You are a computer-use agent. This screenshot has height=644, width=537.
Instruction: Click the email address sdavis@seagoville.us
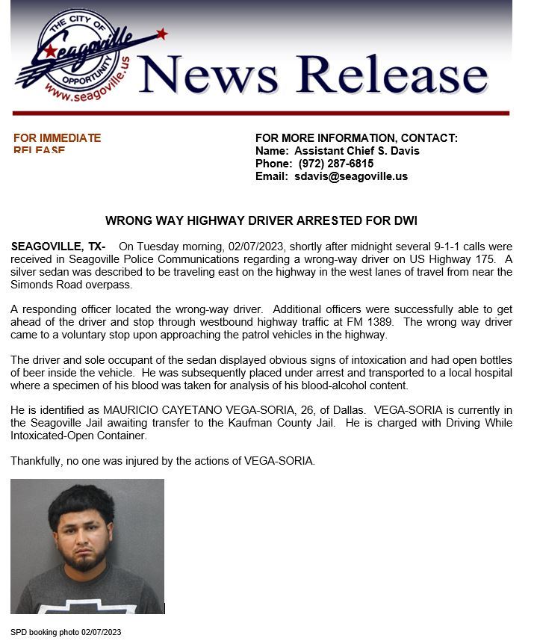tap(350, 177)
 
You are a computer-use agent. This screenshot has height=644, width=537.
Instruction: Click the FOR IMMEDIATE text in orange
tap(57, 138)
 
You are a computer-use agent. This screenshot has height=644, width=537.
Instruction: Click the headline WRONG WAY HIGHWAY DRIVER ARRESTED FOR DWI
tap(261, 221)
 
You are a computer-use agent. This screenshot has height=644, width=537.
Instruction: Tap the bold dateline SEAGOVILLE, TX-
tap(58, 247)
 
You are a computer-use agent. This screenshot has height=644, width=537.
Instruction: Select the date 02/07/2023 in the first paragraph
tap(255, 247)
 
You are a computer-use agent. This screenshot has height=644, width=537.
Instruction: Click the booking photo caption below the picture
tap(66, 633)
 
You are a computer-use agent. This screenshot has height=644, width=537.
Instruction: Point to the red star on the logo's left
tap(50, 51)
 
